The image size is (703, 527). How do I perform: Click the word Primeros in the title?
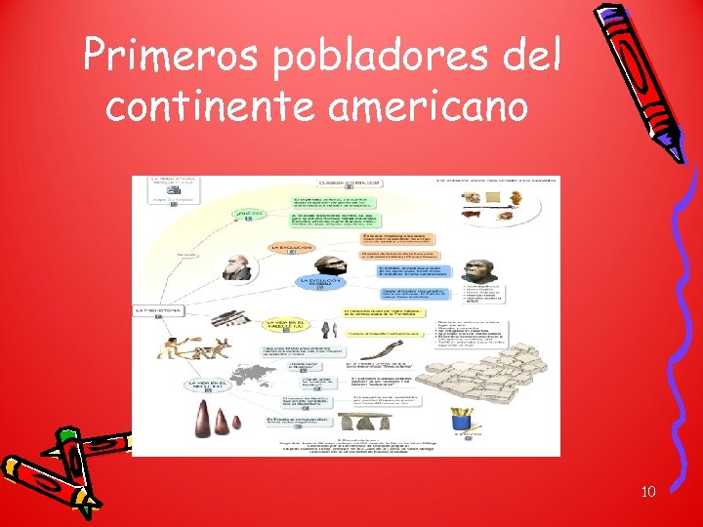tap(167, 57)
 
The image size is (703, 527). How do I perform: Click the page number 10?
tap(648, 491)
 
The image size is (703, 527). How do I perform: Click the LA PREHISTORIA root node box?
tap(157, 310)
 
